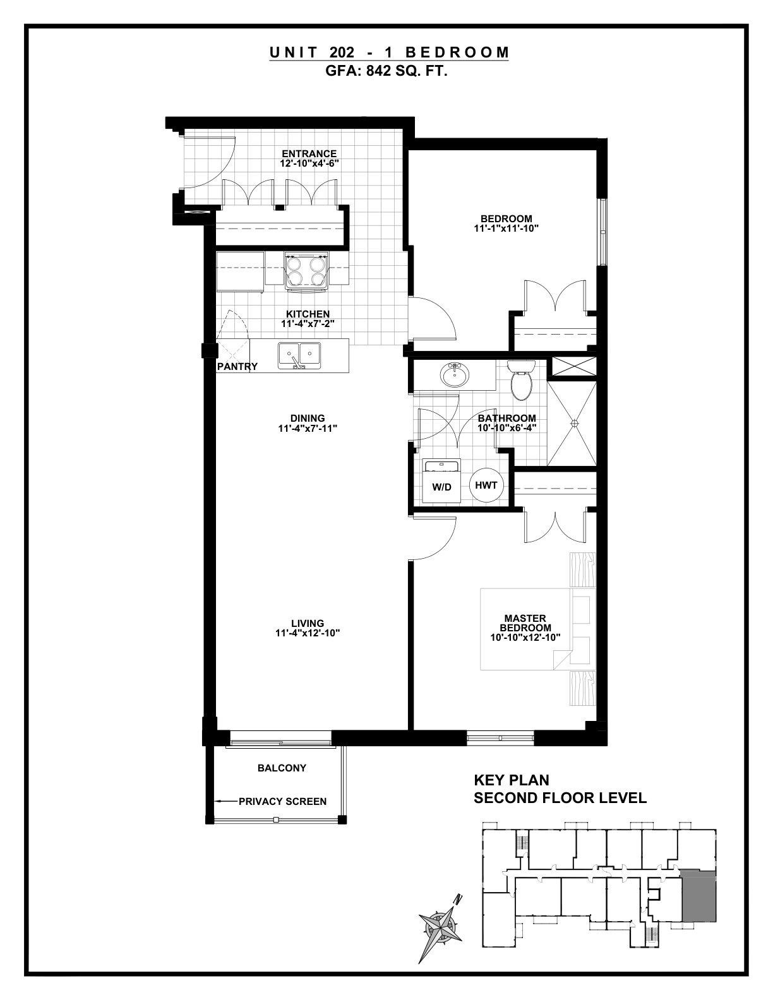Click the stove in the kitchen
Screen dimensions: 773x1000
click(x=307, y=271)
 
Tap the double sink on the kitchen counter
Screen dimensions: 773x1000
click(x=299, y=355)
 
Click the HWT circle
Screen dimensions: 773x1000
click(x=486, y=485)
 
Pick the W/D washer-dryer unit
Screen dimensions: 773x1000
click(x=441, y=481)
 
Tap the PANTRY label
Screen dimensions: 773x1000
click(x=237, y=366)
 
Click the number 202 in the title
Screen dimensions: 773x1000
click(x=342, y=52)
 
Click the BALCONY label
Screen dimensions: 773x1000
click(x=282, y=768)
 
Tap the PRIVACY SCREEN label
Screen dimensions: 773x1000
click(x=283, y=801)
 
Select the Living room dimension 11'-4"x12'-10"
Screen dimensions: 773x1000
click(x=308, y=633)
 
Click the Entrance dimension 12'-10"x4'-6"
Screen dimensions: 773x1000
click(x=309, y=164)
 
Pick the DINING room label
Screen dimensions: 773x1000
click(x=308, y=418)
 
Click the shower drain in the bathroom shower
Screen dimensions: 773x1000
click(x=573, y=422)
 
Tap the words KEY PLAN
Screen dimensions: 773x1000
click(x=512, y=780)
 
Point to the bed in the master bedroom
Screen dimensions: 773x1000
click(x=537, y=629)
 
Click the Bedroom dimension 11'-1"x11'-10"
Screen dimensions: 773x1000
click(x=506, y=229)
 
